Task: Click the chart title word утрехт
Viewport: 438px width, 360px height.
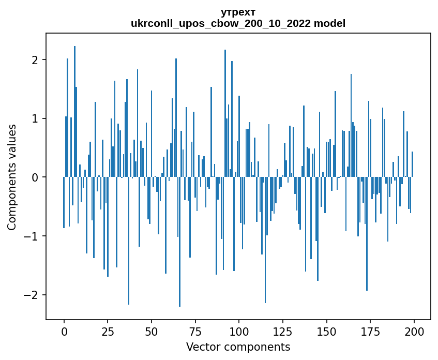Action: [x=238, y=12]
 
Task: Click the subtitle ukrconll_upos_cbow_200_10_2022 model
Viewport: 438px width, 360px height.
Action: [x=238, y=23]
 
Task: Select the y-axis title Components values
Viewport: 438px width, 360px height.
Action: [x=11, y=177]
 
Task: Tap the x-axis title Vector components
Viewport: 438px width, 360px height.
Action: [x=238, y=347]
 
